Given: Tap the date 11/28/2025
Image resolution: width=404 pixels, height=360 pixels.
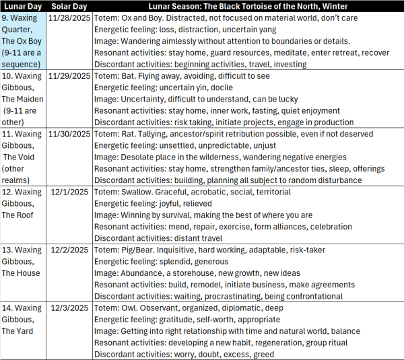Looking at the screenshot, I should point(69,18).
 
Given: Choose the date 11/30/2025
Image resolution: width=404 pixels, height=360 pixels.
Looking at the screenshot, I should point(69,133).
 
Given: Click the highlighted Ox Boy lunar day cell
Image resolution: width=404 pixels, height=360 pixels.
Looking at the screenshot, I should point(24,41).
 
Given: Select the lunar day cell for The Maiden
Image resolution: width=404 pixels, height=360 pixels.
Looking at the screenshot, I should point(24,100).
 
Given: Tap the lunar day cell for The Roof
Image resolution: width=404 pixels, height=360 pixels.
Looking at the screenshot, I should point(24,203).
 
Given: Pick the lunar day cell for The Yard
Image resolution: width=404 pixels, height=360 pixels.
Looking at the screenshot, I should point(24,320).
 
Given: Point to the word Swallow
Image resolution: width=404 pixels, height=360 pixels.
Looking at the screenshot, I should point(142,192).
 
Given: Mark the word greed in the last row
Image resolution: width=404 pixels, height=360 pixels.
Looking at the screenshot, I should point(262,355).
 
